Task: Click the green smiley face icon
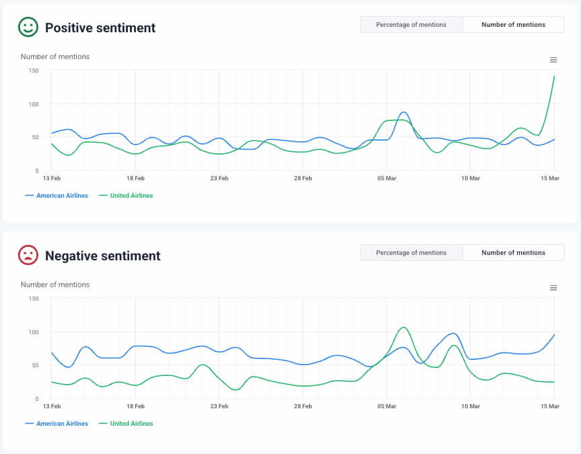click(28, 27)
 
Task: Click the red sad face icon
click(28, 255)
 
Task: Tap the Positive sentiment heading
click(100, 28)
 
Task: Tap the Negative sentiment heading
click(102, 256)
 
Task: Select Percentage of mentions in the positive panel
click(411, 25)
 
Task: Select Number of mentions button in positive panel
click(513, 25)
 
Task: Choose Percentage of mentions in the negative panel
click(411, 253)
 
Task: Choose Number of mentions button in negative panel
click(513, 253)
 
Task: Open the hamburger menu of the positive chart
click(553, 60)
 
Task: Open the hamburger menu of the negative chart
click(553, 288)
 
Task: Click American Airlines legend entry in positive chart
click(61, 196)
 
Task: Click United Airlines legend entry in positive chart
click(131, 196)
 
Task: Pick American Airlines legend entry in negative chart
click(61, 424)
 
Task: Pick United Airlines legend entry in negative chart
click(131, 424)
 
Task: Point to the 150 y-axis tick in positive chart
click(33, 71)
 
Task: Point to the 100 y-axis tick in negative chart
click(33, 332)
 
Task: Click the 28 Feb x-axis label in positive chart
click(302, 179)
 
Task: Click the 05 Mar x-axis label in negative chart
click(386, 407)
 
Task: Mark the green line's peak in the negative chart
click(403, 328)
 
